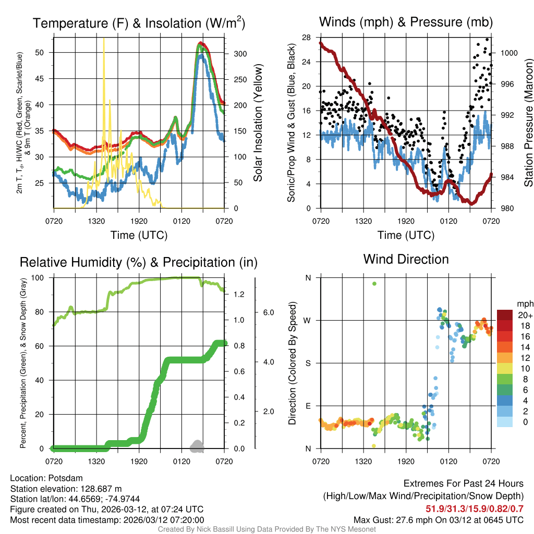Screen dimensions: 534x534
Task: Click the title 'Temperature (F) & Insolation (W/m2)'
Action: coord(139,23)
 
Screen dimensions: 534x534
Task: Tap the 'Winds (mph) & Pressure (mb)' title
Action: coord(406,22)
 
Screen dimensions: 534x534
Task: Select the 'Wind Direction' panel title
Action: coord(406,259)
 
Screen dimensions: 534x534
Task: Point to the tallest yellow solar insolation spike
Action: coord(104,40)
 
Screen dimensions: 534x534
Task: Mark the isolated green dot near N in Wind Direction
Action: coord(374,284)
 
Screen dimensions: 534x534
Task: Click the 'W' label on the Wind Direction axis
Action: coord(308,320)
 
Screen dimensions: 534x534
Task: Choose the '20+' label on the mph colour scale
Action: coord(524,315)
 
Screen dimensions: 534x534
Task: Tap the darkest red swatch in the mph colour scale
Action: coord(505,315)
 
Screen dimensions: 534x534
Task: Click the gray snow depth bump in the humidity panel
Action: coord(197,445)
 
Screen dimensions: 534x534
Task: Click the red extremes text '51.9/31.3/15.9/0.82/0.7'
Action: coord(475,508)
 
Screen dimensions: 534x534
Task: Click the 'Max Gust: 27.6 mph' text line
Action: coord(439,519)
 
